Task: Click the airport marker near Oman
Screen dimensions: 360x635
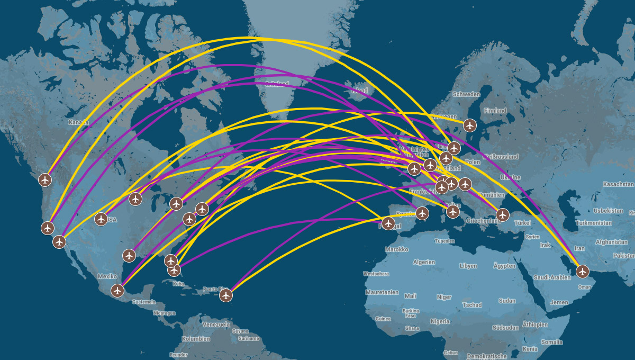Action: pos(583,272)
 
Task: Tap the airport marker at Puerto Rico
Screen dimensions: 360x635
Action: pos(226,295)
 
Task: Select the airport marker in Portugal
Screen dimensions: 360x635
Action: pos(388,223)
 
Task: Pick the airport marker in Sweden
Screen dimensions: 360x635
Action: pos(469,125)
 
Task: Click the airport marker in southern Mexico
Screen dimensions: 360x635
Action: pos(117,290)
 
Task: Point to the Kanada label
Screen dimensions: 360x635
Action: pos(78,122)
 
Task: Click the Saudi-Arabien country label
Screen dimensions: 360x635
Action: pos(552,277)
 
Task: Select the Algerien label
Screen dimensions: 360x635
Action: pos(424,262)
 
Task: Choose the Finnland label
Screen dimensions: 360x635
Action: pos(494,111)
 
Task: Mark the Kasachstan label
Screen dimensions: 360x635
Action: pos(618,184)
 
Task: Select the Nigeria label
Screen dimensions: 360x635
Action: pos(440,321)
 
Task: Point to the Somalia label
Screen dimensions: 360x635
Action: pos(552,343)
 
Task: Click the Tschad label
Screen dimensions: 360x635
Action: pos(472,305)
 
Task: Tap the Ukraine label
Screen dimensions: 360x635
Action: pos(510,177)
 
